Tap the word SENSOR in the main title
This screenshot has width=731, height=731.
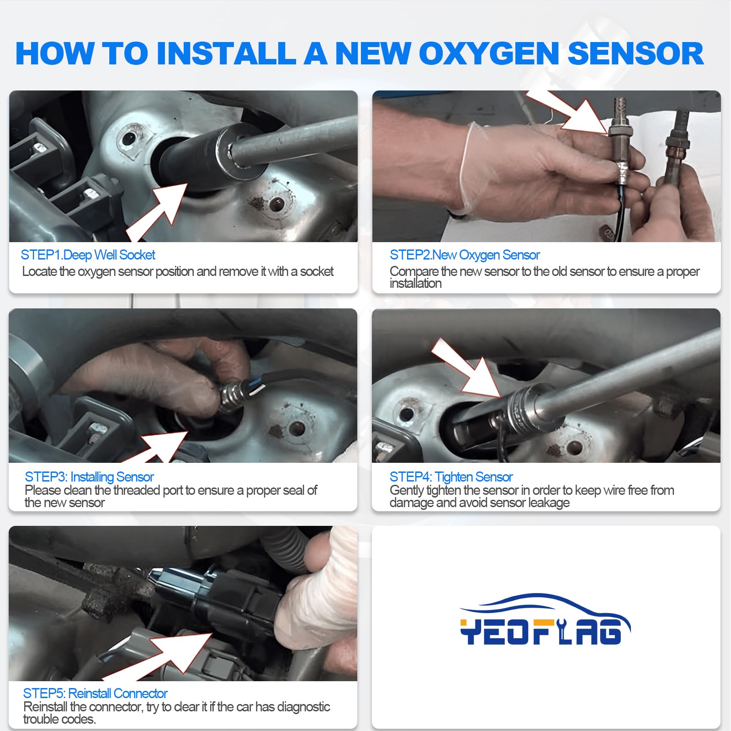point(636,54)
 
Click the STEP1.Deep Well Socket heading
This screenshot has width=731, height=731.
point(88,255)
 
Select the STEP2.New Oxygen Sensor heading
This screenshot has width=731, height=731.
point(464,255)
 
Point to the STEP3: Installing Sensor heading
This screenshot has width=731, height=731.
point(89,477)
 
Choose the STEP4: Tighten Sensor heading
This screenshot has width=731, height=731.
point(450,477)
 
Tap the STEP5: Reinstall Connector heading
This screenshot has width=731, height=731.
point(95,694)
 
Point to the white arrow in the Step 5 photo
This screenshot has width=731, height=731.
point(176,653)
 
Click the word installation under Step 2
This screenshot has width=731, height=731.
point(415,284)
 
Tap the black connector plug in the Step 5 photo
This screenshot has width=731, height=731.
point(238,603)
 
